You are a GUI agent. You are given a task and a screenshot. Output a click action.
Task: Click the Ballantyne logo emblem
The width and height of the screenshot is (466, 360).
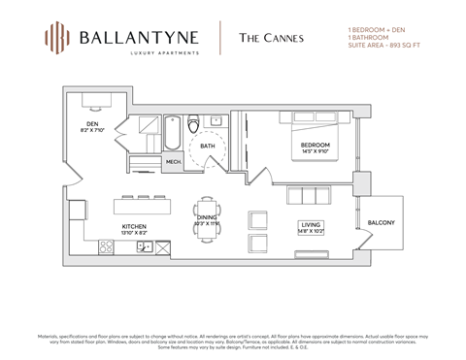tap(57, 38)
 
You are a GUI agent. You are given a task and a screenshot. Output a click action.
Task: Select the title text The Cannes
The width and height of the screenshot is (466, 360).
tap(265, 38)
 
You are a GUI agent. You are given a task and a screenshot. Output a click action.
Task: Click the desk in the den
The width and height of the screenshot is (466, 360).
tap(94, 97)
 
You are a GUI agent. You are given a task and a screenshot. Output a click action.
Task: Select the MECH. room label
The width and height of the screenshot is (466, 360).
tap(174, 162)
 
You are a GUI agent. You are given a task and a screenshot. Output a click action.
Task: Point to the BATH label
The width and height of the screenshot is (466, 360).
tap(207, 147)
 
